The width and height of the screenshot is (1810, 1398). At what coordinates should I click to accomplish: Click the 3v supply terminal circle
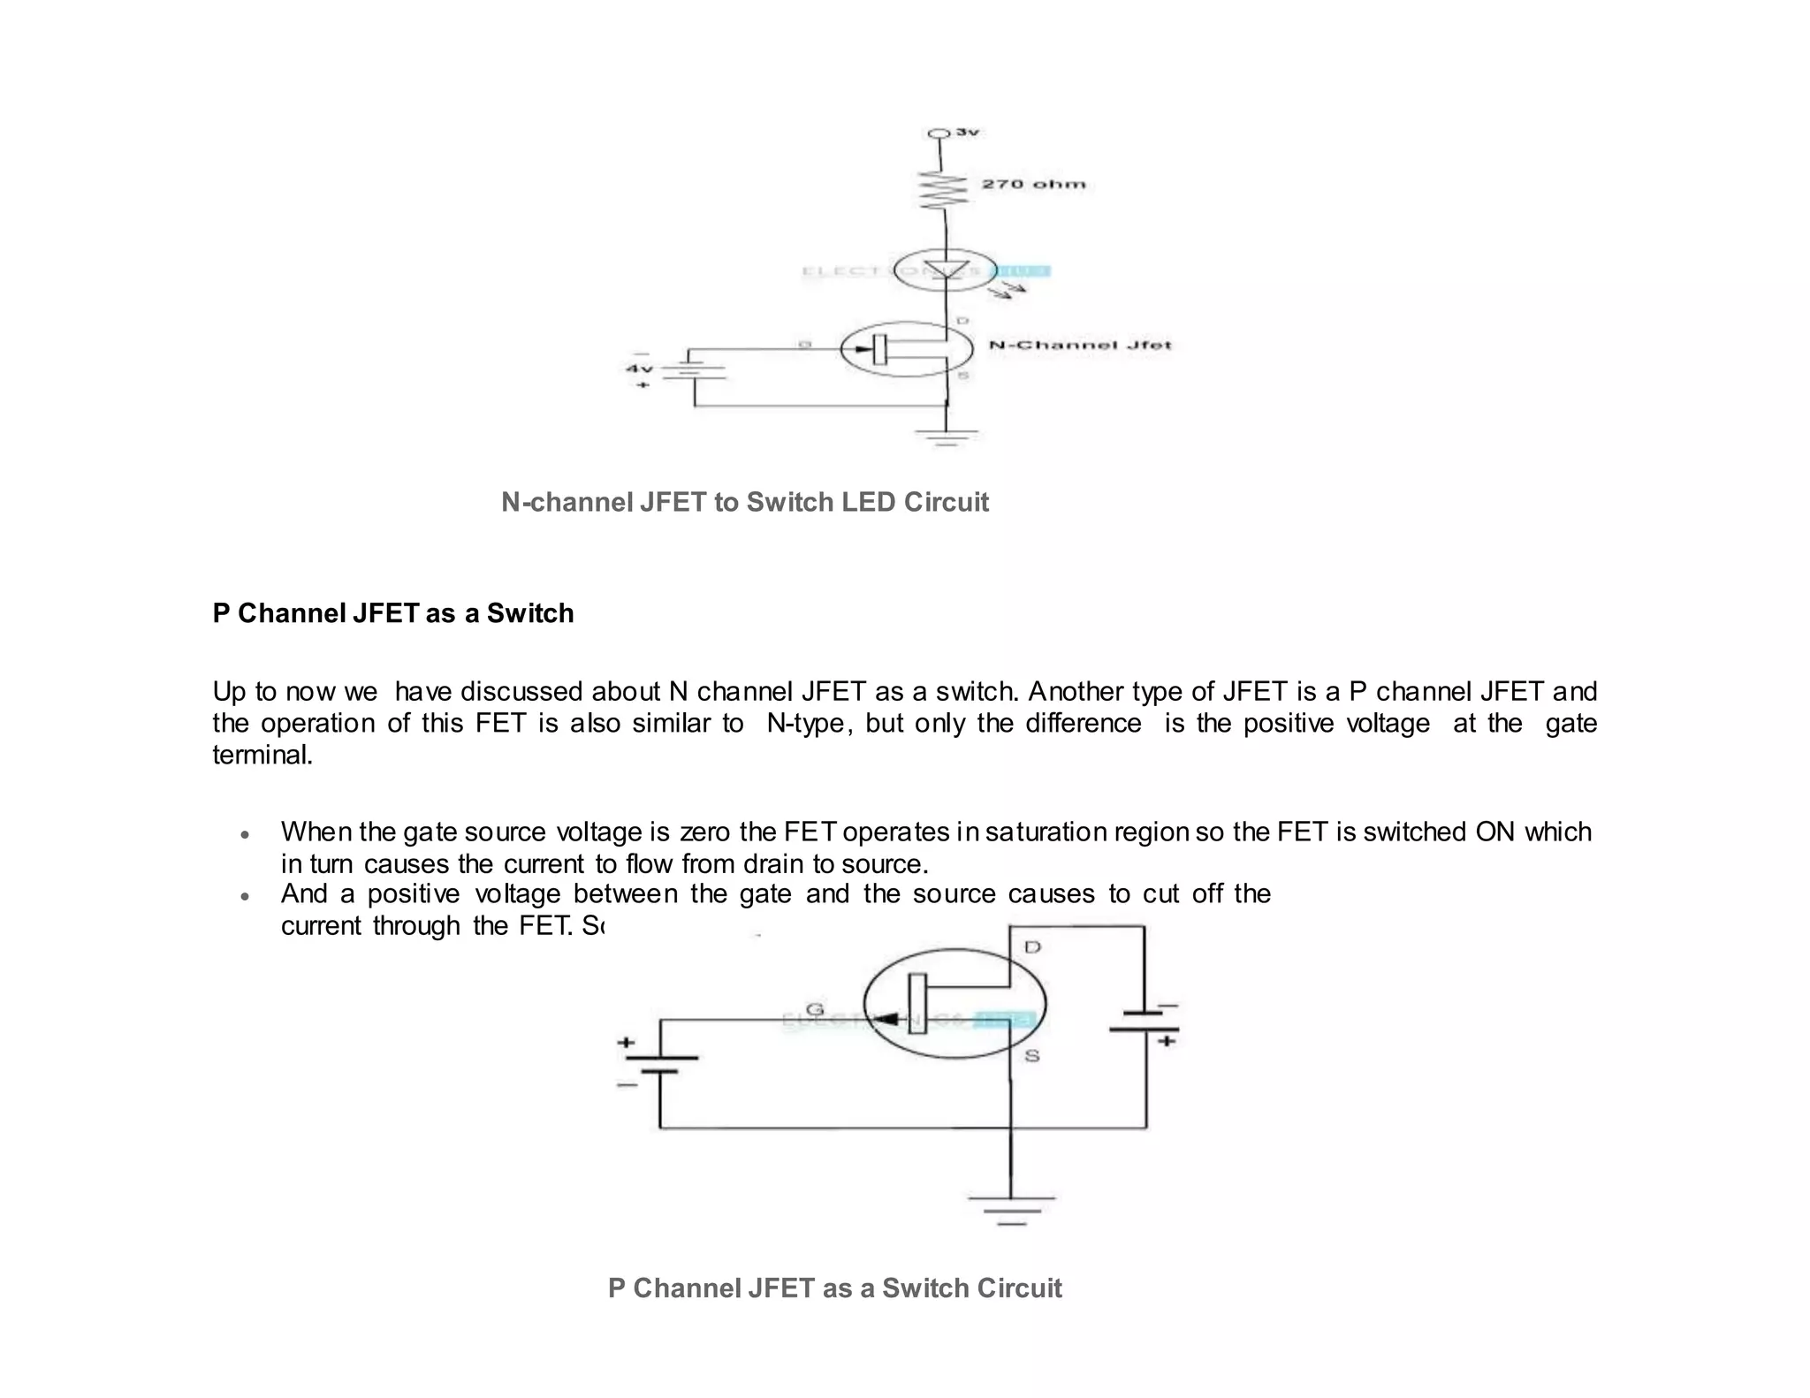point(938,133)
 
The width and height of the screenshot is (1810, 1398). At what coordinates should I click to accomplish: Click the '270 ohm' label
point(1033,184)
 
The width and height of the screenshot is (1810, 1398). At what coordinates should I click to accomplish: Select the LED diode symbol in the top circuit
point(944,270)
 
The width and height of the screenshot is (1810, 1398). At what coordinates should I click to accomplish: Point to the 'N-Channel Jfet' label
point(1079,345)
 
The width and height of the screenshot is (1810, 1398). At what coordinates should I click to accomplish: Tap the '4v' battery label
point(639,368)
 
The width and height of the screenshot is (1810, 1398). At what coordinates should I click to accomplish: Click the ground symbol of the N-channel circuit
point(947,437)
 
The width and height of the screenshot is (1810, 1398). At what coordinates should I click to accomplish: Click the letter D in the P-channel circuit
point(1032,947)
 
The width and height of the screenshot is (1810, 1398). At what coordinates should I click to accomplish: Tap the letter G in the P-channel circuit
point(814,1008)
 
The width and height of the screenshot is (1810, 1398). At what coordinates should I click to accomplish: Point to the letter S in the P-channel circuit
point(1031,1056)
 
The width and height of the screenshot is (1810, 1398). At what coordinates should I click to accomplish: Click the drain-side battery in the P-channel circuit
point(1145,1022)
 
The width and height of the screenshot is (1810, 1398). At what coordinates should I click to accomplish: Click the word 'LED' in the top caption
point(869,502)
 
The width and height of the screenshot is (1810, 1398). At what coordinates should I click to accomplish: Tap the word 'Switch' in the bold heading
point(529,613)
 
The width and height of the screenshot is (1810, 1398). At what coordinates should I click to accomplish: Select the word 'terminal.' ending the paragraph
point(262,755)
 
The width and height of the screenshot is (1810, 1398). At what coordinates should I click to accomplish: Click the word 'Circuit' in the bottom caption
point(1018,1288)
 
